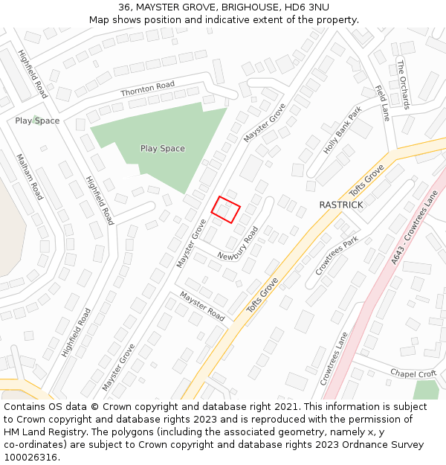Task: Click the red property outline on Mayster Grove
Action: click(x=226, y=209)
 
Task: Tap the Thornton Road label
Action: click(x=147, y=89)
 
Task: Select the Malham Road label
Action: click(x=30, y=176)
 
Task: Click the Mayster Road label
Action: click(x=202, y=306)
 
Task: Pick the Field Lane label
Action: click(x=382, y=103)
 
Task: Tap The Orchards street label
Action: click(x=403, y=84)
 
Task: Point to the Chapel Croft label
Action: click(x=413, y=373)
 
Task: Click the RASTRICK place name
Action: click(x=340, y=205)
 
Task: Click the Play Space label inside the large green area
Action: click(x=162, y=148)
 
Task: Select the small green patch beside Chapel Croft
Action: click(x=427, y=389)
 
